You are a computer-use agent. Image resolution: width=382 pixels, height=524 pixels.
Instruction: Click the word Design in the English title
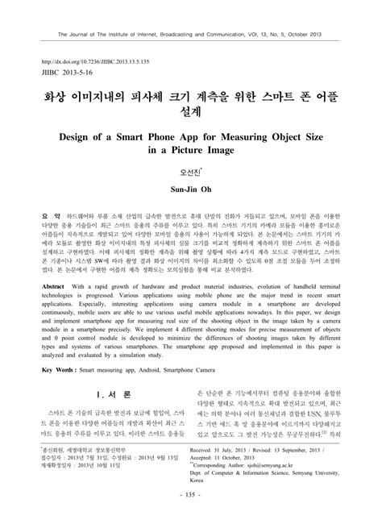point(85,138)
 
